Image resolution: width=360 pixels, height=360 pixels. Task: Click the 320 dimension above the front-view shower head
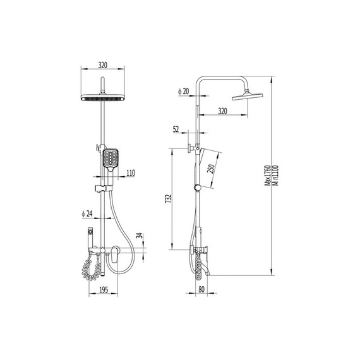102,65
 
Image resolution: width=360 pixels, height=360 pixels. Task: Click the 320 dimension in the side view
222,111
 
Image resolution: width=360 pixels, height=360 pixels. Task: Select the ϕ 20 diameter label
183,92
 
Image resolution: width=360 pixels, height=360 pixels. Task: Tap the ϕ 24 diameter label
87,213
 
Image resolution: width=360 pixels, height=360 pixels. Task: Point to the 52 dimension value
176,129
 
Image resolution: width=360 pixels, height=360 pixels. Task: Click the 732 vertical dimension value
169,199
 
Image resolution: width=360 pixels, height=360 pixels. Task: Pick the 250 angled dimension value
211,169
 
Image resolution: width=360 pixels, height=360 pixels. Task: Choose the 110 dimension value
131,173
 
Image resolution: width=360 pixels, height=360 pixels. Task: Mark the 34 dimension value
139,236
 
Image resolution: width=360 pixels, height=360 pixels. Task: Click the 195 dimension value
104,290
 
